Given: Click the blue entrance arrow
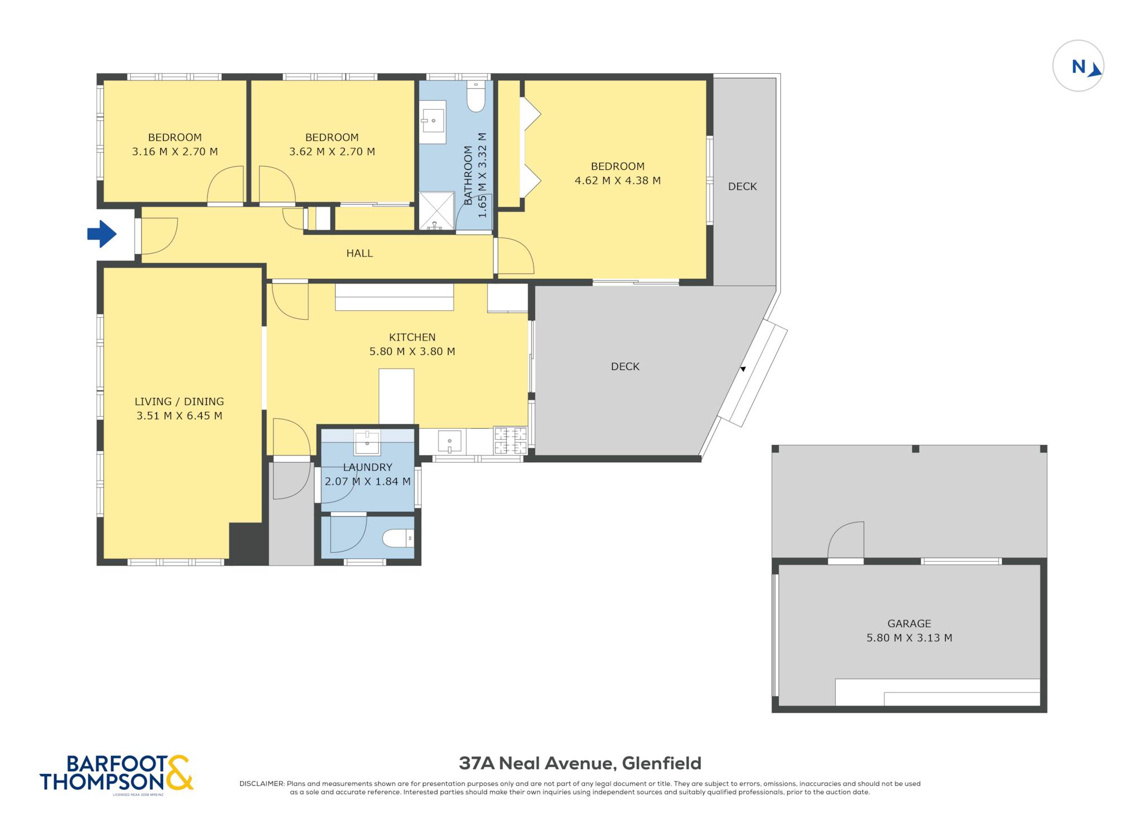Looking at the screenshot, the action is [102, 234].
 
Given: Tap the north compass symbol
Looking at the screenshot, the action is [1078, 66].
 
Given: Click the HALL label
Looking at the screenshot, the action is [359, 253].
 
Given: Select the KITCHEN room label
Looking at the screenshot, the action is [412, 337].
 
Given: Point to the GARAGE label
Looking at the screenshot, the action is [909, 623].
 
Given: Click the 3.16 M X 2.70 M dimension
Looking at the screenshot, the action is [175, 151].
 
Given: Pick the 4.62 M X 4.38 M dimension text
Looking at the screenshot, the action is [617, 181].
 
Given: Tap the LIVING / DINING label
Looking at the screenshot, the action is [179, 401].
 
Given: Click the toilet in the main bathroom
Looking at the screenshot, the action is [476, 96].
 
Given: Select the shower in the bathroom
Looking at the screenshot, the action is [436, 211].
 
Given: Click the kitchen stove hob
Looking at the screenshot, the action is [510, 440].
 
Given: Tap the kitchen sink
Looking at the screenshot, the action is [449, 441].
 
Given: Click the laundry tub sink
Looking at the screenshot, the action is [366, 443].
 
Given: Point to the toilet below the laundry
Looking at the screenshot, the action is [398, 539].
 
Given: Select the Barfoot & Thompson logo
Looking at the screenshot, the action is [117, 774].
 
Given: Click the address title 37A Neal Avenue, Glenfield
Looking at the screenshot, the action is [580, 763].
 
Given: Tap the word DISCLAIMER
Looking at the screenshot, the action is [261, 784].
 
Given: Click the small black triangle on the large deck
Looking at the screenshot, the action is [743, 369].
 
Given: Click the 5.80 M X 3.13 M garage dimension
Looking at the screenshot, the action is [909, 638].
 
